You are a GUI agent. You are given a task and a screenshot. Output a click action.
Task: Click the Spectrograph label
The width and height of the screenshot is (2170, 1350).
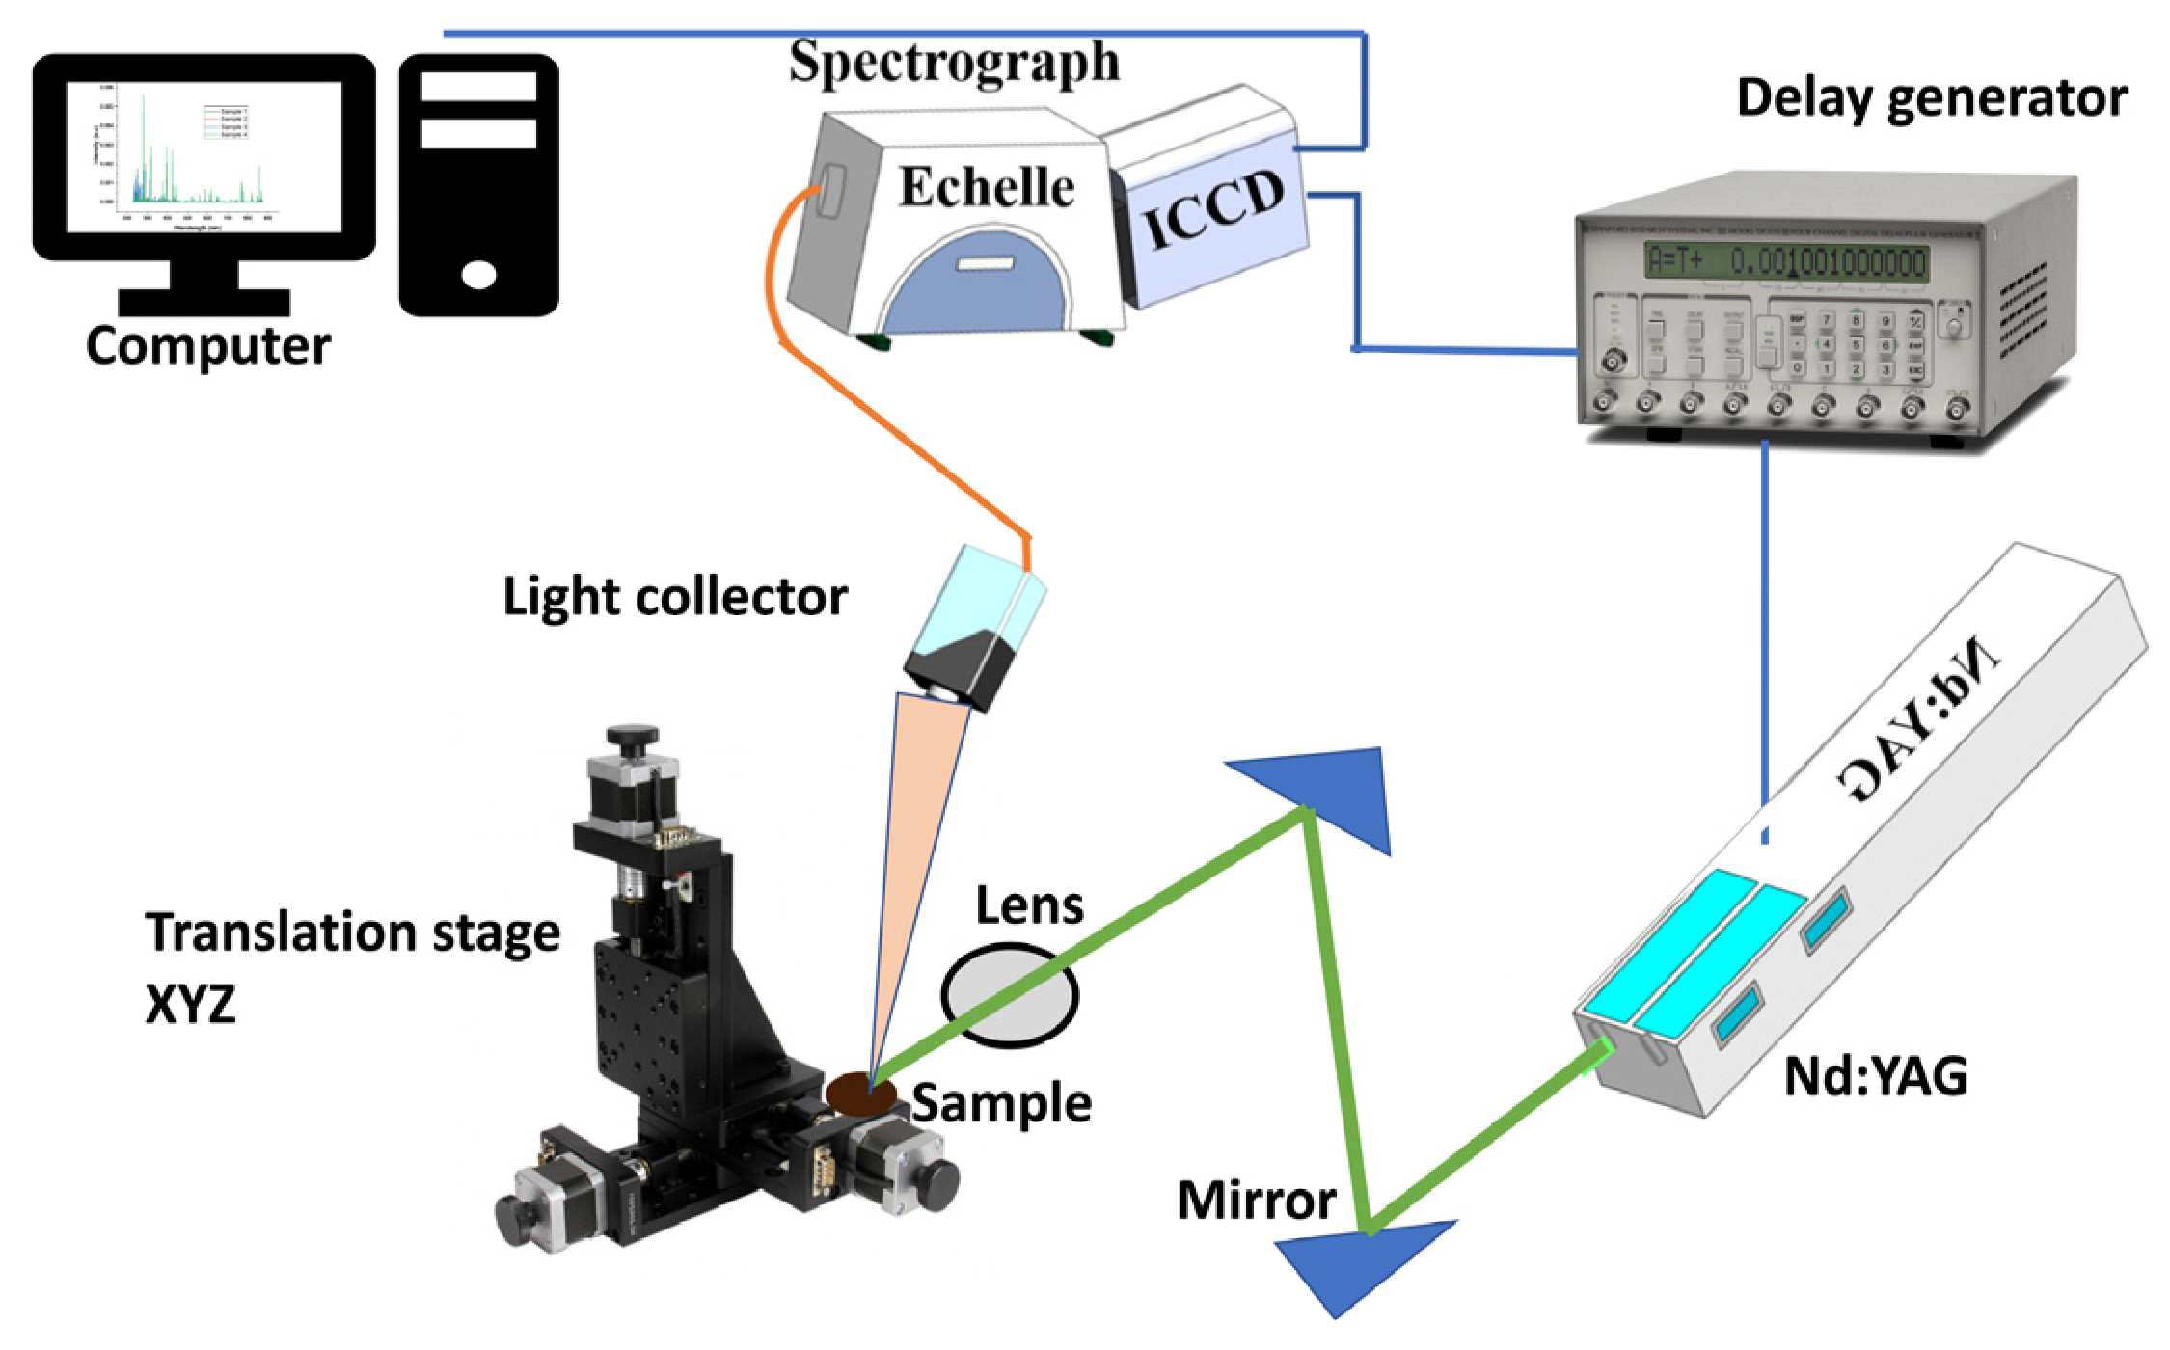[x=955, y=63]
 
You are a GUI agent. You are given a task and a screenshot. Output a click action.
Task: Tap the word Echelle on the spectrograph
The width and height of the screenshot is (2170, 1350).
[x=986, y=187]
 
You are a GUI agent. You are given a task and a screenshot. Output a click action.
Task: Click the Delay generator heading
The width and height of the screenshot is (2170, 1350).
[x=1931, y=98]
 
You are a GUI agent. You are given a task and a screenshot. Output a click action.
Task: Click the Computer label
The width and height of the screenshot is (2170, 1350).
[x=208, y=345]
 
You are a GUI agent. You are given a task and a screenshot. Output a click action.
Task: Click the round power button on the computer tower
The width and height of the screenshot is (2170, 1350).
[x=478, y=275]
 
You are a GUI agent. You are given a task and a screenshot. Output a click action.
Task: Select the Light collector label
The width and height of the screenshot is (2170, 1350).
[x=675, y=597]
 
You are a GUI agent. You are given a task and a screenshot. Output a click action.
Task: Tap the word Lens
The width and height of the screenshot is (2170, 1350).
[x=1029, y=905]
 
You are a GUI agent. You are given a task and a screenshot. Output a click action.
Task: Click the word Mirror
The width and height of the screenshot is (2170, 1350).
[x=1257, y=1201]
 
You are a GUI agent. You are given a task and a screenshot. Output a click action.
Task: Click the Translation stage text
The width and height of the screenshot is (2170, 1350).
[x=353, y=932]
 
